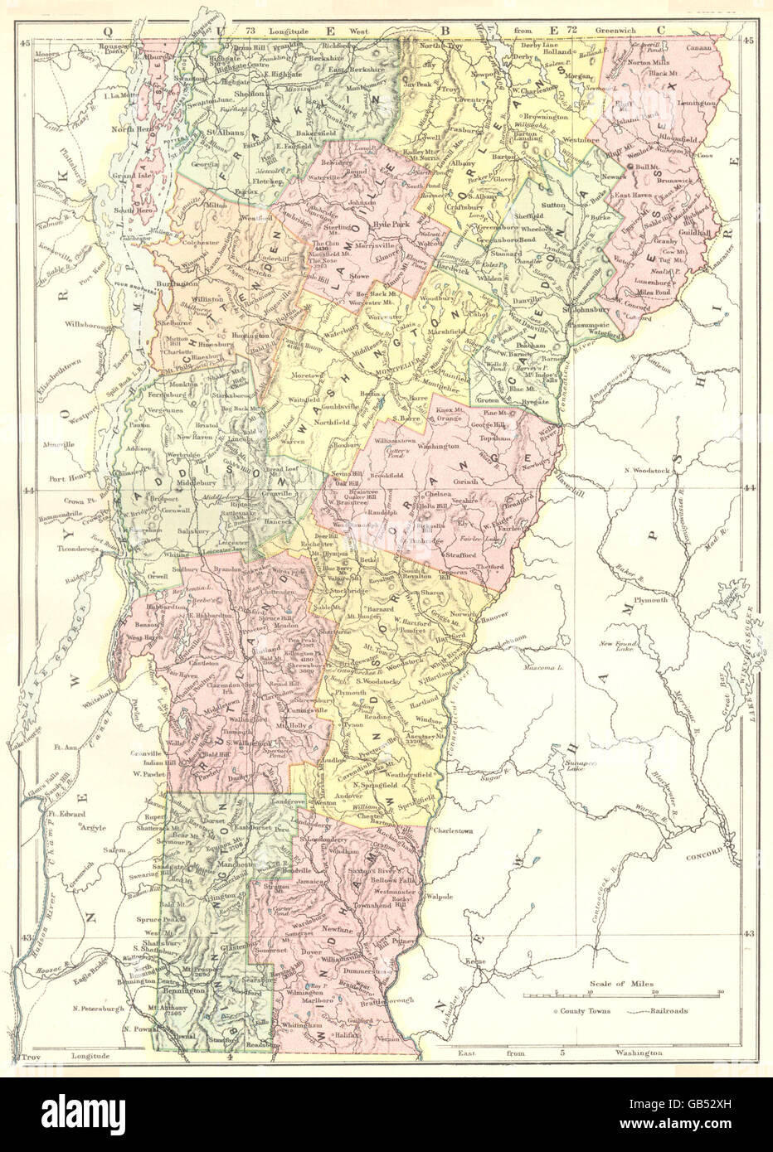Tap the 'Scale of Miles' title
619,984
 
